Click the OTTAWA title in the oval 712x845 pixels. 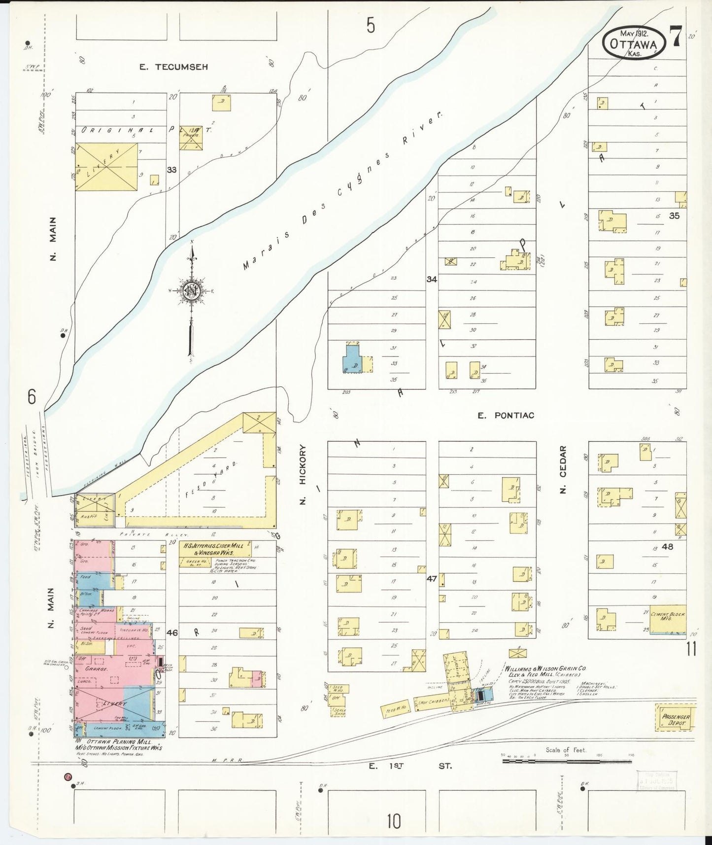[633, 43]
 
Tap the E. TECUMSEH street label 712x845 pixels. [173, 67]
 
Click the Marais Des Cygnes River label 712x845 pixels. [343, 191]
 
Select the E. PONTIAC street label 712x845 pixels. [506, 416]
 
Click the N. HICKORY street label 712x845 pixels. [303, 475]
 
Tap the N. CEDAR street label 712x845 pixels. [563, 470]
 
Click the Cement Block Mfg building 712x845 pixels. [668, 620]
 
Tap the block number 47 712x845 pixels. [432, 579]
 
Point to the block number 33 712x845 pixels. [171, 170]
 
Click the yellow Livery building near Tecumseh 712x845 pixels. [106, 166]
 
